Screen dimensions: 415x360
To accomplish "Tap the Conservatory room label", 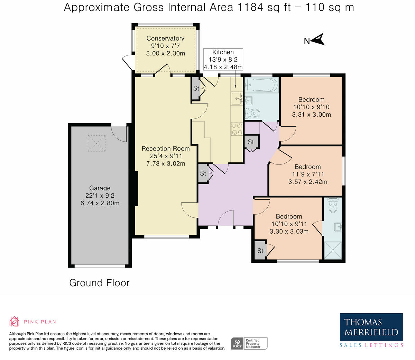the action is [165, 38].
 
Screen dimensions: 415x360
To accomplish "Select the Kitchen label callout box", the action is [223, 59].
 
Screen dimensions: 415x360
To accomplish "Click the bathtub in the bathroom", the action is [262, 85].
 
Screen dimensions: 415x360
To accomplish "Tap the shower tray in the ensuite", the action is [333, 250].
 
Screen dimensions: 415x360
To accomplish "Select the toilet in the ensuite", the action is [333, 205].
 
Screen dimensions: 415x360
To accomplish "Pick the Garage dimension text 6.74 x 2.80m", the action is [100, 203].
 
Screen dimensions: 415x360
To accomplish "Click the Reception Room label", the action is [166, 148].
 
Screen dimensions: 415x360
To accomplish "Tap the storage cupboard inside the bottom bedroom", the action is [260, 251].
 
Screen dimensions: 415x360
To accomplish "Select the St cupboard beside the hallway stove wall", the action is [251, 142].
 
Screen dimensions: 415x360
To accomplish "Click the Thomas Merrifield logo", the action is [371, 330].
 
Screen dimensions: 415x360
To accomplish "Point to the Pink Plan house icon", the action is [15, 321].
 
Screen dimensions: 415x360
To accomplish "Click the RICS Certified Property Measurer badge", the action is [249, 343].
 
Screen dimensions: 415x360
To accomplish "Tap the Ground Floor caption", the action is [99, 283].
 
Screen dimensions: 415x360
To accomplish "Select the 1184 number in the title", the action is [250, 7].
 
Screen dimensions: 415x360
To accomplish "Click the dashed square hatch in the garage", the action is [96, 143].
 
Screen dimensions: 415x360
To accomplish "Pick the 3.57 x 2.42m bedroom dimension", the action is [307, 182].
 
